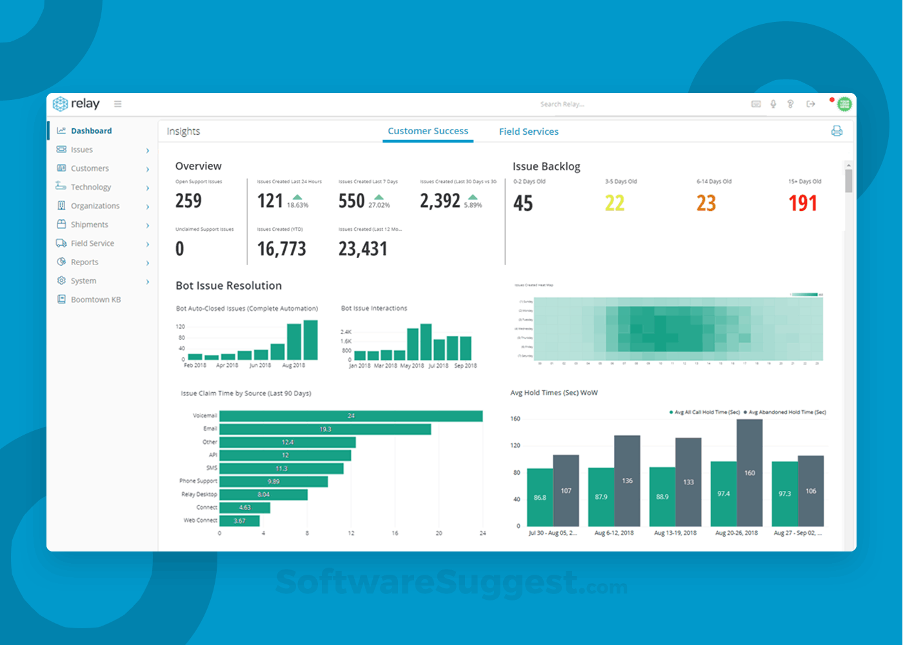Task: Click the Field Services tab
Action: [x=528, y=132]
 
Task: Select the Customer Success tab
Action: [x=428, y=131]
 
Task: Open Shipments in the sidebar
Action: [x=89, y=224]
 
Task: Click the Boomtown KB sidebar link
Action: [x=95, y=299]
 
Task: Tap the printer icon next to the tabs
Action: [x=837, y=131]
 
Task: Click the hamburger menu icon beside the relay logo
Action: [x=118, y=104]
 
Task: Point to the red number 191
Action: [x=802, y=204]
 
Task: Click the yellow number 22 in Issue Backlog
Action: [x=614, y=204]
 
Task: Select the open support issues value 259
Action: [x=188, y=201]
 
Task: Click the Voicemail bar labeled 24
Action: [x=351, y=416]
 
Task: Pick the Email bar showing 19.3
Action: [x=325, y=429]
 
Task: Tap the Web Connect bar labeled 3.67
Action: [x=239, y=521]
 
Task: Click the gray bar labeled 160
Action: [x=749, y=473]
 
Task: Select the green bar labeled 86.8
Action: [x=540, y=497]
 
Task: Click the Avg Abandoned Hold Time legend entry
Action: [x=786, y=412]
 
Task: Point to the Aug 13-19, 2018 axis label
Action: [x=675, y=533]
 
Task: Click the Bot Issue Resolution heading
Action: [x=228, y=286]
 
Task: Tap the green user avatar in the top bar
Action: [x=844, y=104]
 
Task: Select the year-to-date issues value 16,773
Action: [x=281, y=249]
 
